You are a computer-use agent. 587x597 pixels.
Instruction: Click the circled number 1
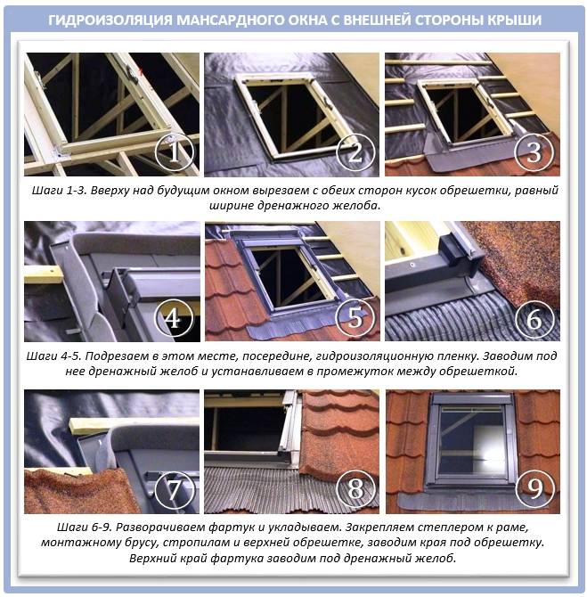pyautogui.click(x=174, y=152)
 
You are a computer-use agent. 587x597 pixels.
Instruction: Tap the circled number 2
pyautogui.click(x=355, y=152)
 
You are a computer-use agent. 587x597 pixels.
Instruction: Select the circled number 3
pyautogui.click(x=534, y=151)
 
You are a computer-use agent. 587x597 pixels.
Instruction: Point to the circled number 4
pyautogui.click(x=174, y=317)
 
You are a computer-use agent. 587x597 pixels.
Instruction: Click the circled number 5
pyautogui.click(x=355, y=317)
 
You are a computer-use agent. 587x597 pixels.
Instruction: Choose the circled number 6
pyautogui.click(x=534, y=319)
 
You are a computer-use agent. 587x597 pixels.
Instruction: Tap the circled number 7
pyautogui.click(x=174, y=490)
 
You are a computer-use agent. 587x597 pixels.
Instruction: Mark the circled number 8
pyautogui.click(x=355, y=488)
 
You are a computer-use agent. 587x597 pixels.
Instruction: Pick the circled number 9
pyautogui.click(x=534, y=488)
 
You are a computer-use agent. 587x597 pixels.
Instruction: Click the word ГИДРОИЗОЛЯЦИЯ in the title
pyautogui.click(x=110, y=20)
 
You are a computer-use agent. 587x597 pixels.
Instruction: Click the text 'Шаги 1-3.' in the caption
pyautogui.click(x=61, y=191)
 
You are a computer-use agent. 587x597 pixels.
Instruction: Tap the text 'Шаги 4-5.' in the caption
pyautogui.click(x=55, y=356)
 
